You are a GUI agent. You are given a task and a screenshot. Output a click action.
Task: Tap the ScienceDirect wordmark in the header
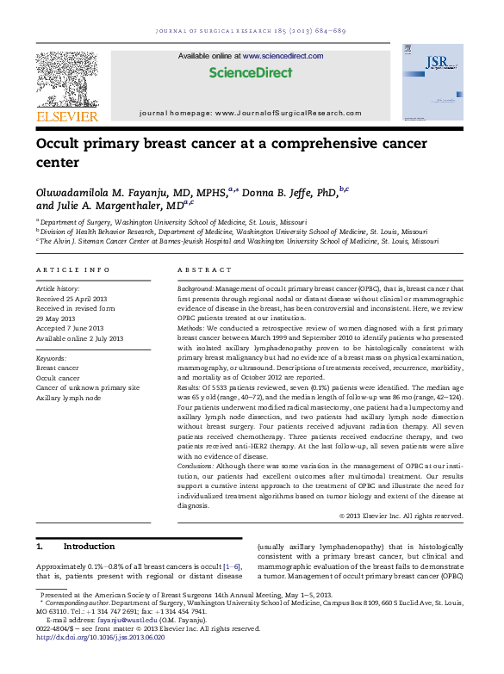[240, 72]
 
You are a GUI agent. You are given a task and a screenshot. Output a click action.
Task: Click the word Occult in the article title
[60, 145]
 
